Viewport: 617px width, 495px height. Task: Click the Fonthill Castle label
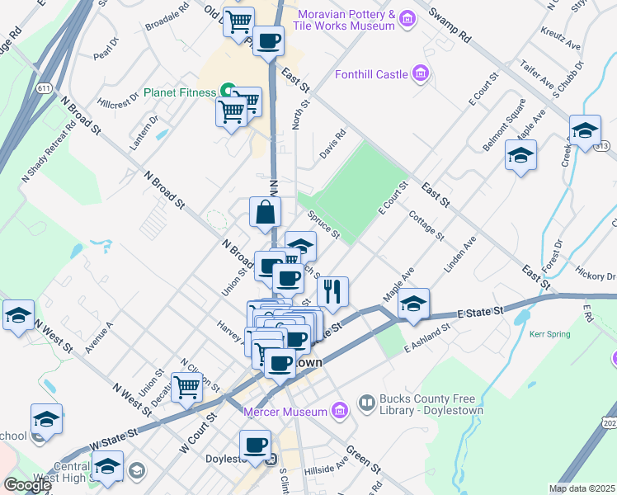(x=371, y=75)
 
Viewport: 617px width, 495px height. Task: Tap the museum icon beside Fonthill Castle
(x=421, y=75)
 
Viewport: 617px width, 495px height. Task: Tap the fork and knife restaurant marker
(x=333, y=290)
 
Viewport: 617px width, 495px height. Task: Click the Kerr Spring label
(x=551, y=334)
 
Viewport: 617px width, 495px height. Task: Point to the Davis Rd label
(x=333, y=139)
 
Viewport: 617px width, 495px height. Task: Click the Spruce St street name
(x=324, y=224)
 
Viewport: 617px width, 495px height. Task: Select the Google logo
(x=27, y=485)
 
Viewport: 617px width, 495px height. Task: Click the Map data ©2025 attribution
(x=582, y=488)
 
